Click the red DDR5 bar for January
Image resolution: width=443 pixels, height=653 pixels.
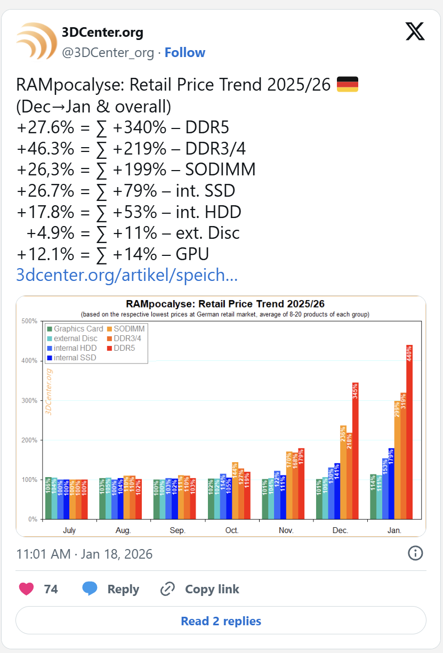409,432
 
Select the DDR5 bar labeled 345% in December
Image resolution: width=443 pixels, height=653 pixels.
356,450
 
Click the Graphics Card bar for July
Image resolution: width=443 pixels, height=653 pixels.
49,498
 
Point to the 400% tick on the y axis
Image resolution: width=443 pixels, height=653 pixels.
29,361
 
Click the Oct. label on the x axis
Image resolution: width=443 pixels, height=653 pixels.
232,530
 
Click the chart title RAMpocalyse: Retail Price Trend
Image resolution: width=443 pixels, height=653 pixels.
225,304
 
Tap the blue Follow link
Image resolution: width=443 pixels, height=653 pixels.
184,53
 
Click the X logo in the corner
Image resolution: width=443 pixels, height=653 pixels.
415,31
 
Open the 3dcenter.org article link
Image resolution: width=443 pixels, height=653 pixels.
127,275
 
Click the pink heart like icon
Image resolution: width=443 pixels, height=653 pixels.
27,589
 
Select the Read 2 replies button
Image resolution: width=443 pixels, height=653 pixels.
221,621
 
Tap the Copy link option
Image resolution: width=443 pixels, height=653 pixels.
200,589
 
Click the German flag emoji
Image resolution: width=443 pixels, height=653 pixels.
348,84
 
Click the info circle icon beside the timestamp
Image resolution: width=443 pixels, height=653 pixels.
415,553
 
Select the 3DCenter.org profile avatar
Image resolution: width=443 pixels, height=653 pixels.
36,41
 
